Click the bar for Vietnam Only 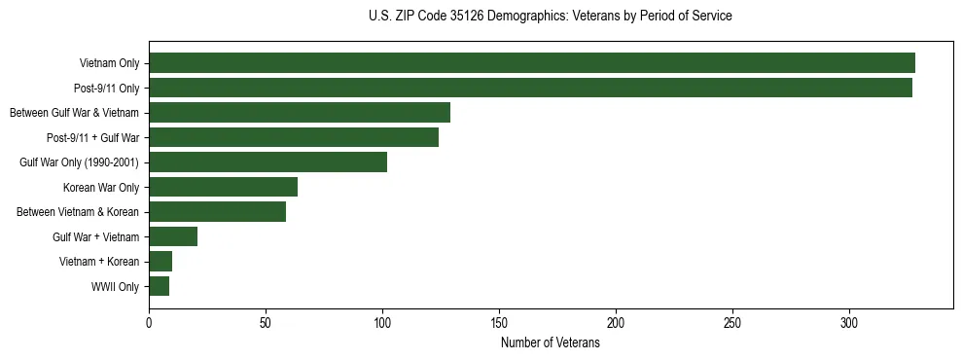(x=531, y=63)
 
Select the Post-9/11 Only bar (x=530, y=88)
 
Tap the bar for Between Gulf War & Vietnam (x=300, y=113)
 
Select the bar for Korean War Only (x=223, y=187)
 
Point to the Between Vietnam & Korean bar (x=217, y=212)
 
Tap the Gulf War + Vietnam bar (x=173, y=236)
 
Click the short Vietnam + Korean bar (x=160, y=262)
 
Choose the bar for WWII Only (x=159, y=286)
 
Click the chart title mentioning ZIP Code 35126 (x=551, y=17)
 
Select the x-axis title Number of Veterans (x=551, y=343)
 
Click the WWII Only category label (x=115, y=287)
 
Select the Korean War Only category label (x=101, y=188)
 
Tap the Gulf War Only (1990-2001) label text (x=79, y=162)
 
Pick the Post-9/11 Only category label (x=107, y=89)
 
